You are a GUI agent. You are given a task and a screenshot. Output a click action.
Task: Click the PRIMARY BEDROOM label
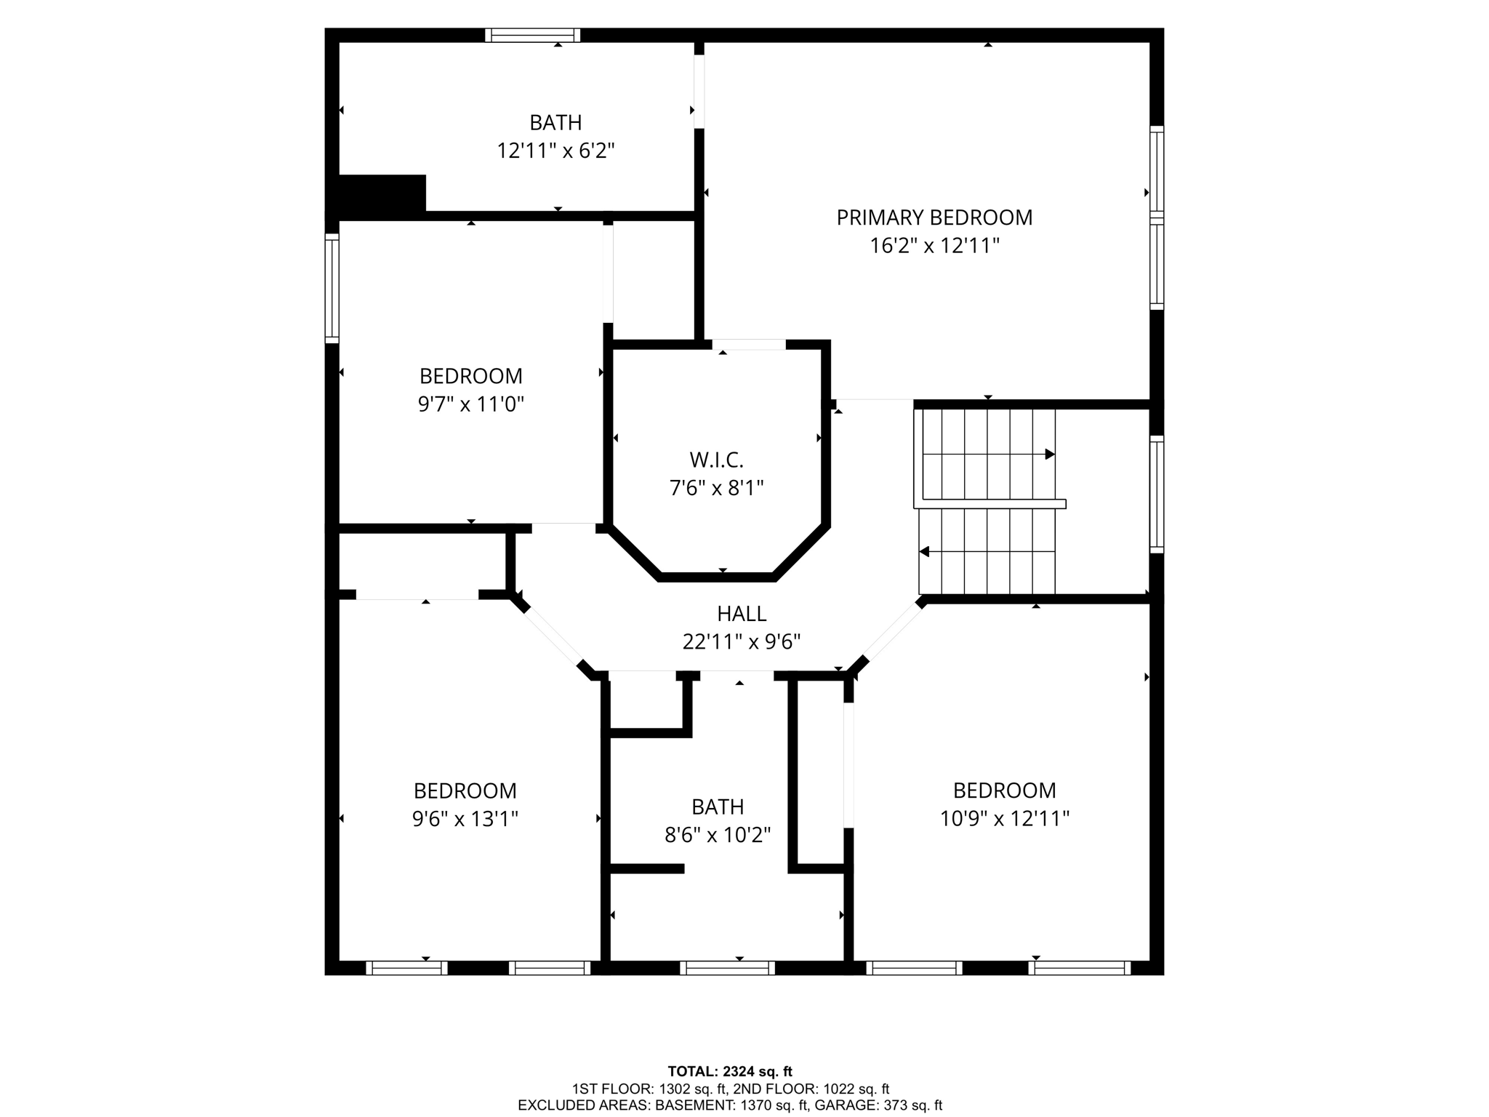(934, 217)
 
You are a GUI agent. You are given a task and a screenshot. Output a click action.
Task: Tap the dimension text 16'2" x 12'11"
(934, 246)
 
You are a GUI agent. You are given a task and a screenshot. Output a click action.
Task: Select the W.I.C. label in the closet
(716, 460)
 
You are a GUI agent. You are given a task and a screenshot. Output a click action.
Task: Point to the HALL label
(742, 614)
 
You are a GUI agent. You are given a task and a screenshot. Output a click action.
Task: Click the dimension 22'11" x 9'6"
(742, 642)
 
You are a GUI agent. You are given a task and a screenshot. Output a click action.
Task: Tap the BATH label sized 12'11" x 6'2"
(555, 122)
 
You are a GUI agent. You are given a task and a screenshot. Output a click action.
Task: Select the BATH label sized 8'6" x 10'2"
(718, 806)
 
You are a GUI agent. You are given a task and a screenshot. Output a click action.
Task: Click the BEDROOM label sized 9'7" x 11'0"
(471, 376)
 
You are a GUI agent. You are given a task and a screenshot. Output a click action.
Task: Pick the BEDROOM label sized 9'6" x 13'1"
(465, 790)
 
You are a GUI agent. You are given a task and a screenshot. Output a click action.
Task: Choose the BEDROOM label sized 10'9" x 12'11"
(1005, 790)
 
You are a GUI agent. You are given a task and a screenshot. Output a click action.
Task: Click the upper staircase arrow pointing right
(1049, 455)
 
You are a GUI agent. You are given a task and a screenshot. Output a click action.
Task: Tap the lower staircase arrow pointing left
(925, 552)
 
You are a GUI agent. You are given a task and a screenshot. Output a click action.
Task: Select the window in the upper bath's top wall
(532, 35)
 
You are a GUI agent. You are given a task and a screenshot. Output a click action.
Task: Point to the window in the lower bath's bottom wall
(727, 968)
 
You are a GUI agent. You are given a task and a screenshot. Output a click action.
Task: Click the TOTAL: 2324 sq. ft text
(730, 1071)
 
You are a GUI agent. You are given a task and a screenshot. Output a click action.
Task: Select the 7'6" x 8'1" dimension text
(716, 488)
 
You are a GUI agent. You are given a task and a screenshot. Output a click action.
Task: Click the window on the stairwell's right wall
(1156, 495)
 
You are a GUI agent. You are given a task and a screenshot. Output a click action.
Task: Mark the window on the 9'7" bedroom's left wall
(332, 289)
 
